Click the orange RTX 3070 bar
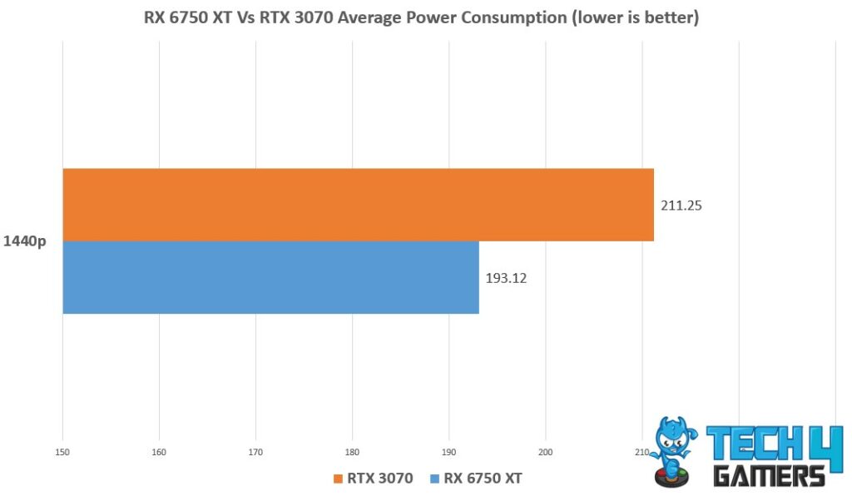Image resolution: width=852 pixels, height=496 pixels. point(358,205)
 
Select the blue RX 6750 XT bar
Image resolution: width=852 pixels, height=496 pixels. point(270,278)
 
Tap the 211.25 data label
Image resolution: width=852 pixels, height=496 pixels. point(681,206)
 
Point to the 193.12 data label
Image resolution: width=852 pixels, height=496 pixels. point(506,278)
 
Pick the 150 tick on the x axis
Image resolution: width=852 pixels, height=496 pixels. point(62,453)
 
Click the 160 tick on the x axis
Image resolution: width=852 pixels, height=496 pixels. point(159,453)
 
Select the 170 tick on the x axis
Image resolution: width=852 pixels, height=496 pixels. point(255,453)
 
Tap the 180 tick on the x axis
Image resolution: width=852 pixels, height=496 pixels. point(352,453)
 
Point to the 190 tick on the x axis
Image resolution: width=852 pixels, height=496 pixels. point(449,453)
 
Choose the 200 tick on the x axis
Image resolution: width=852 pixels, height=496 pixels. point(546,453)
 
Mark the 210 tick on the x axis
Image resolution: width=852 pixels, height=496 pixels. point(641,453)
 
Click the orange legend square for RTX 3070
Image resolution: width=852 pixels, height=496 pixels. point(337,479)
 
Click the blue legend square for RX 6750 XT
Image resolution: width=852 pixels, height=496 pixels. point(434,479)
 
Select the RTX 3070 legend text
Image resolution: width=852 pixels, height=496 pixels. point(379,479)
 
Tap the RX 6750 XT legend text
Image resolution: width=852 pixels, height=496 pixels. point(483,479)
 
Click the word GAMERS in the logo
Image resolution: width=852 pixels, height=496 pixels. point(770,475)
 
